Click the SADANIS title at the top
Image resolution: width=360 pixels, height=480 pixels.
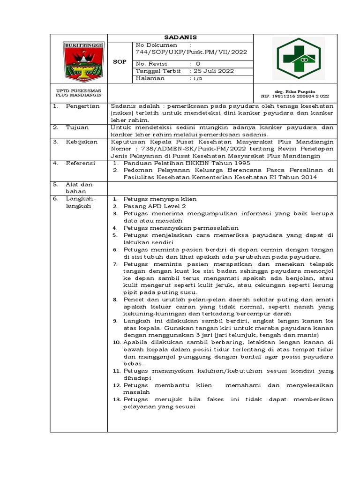(x=180, y=37)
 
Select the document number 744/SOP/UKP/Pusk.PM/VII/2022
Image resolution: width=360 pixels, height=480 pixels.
(x=191, y=52)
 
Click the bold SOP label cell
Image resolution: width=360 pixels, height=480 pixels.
(x=120, y=61)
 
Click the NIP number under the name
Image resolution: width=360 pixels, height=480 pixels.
(x=295, y=95)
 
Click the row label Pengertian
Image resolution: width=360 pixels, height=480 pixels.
(x=83, y=106)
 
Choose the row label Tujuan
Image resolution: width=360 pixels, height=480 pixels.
(x=77, y=127)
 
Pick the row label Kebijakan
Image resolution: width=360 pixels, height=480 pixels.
(x=82, y=141)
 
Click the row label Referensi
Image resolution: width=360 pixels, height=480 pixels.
(x=81, y=163)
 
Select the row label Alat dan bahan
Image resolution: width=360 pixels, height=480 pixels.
(x=79, y=187)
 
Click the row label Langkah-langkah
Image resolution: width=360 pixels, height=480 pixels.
(x=81, y=202)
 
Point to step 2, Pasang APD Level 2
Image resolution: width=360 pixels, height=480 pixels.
(x=155, y=206)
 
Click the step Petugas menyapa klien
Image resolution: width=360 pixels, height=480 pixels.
(x=160, y=199)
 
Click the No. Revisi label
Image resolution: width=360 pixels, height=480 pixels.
(x=151, y=63)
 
